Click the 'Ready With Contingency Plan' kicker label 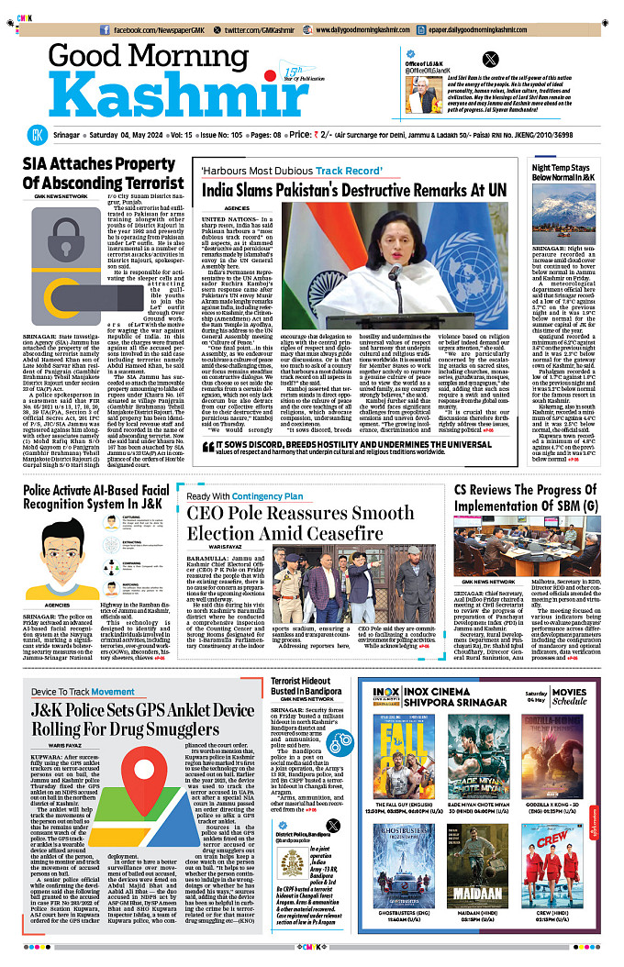(240, 495)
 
